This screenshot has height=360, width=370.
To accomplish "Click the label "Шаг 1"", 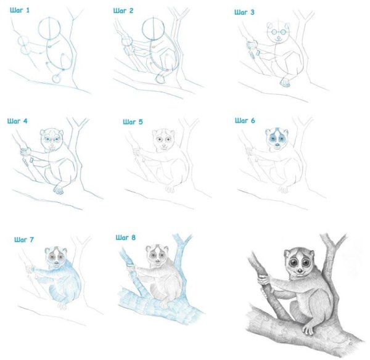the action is (20, 10).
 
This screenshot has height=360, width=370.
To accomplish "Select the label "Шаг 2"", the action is (123, 11).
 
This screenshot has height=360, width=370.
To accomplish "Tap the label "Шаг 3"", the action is (244, 12).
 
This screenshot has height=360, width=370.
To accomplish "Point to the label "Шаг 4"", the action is (17, 121).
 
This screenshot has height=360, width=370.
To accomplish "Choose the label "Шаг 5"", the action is (133, 122).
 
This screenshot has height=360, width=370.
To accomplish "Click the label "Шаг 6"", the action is (245, 121).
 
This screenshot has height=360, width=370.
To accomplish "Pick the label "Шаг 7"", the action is (24, 240).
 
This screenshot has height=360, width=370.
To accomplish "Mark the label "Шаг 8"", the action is (126, 237).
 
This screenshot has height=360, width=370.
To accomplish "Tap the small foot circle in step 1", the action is (56, 78).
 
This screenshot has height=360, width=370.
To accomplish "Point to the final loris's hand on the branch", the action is (263, 279).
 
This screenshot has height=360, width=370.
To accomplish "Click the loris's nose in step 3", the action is (279, 38).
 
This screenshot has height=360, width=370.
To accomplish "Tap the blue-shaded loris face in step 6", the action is (276, 140).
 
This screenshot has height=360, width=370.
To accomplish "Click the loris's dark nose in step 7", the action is (57, 263).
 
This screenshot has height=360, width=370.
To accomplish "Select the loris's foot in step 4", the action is (59, 190).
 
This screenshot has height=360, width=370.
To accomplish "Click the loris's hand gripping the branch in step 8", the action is (131, 268).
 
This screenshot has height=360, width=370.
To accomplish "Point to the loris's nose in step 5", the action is (163, 145).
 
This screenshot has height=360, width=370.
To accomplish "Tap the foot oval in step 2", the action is (162, 79).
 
